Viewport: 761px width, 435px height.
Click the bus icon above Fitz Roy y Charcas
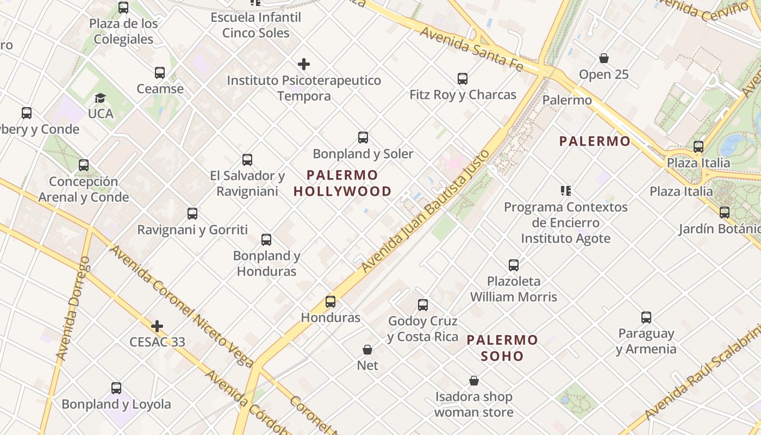[463, 79]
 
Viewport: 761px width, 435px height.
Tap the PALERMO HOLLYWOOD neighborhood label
[342, 183]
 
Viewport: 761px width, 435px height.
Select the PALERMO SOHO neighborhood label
[502, 348]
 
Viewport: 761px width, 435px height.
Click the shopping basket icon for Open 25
[603, 58]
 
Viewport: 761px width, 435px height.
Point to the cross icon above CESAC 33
[157, 326]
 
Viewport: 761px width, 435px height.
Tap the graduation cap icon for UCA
[100, 98]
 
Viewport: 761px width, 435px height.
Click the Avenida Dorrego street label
[73, 308]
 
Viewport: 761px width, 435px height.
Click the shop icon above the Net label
[367, 349]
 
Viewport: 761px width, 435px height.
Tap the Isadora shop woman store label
[474, 405]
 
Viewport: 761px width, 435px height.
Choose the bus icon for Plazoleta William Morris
[514, 265]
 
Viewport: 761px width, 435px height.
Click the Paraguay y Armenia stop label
[646, 341]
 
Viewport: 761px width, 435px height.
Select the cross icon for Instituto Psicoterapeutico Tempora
[304, 64]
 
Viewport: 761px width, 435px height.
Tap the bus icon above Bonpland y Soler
[363, 138]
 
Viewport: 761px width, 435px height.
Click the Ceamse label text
[160, 89]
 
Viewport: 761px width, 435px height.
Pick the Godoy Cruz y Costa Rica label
[423, 329]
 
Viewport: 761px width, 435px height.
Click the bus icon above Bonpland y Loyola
[116, 388]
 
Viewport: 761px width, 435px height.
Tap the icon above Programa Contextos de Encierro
[566, 191]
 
